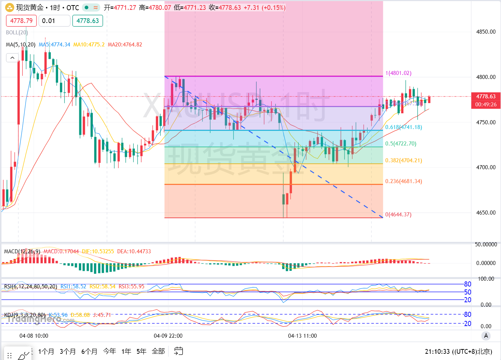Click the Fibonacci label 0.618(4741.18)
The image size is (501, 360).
coord(403,127)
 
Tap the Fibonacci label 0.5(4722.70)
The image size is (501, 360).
coord(401,144)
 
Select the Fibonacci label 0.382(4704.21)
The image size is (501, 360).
coord(403,160)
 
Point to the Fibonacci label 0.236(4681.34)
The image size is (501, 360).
coord(403,181)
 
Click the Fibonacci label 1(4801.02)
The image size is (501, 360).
coord(398,73)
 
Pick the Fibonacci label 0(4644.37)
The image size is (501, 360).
coord(398,215)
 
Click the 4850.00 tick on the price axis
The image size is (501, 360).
coord(486,32)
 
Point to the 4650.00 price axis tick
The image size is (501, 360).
coord(486,213)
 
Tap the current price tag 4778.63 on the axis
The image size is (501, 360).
coord(486,96)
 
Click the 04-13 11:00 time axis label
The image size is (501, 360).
coord(302,336)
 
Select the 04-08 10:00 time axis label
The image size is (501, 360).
coord(34,336)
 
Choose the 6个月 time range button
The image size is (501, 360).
coord(89,351)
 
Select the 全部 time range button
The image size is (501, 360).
coord(158,351)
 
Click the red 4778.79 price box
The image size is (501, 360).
coord(21,21)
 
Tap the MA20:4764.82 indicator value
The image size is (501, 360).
coord(125,45)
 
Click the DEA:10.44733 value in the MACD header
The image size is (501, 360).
coord(134,251)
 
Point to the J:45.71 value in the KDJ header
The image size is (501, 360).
coord(102,315)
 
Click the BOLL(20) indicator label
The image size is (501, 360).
coord(17,33)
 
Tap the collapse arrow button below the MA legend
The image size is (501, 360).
coord(12,58)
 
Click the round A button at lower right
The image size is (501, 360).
coord(486,336)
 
